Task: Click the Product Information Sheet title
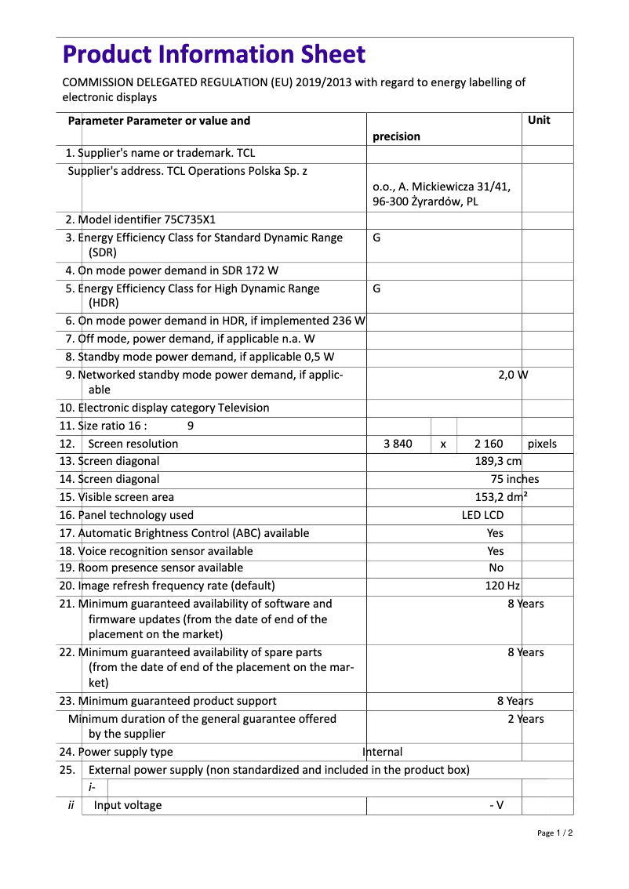click(213, 54)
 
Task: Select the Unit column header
click(539, 120)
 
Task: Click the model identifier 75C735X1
click(187, 220)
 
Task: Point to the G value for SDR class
click(376, 238)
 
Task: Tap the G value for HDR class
click(376, 288)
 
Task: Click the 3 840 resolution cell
click(398, 444)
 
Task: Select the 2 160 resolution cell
click(489, 444)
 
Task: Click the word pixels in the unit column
click(542, 444)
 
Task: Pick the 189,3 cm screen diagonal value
click(498, 461)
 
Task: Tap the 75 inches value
click(514, 479)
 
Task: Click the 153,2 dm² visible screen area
click(501, 497)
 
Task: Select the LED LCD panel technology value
click(482, 515)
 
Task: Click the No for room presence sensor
click(496, 568)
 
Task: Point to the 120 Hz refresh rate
click(502, 586)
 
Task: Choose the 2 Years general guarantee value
click(525, 719)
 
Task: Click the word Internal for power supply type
click(383, 752)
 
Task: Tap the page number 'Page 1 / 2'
click(554, 833)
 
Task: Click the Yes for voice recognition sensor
click(495, 551)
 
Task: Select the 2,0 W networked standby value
click(513, 375)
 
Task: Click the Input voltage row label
click(128, 805)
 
